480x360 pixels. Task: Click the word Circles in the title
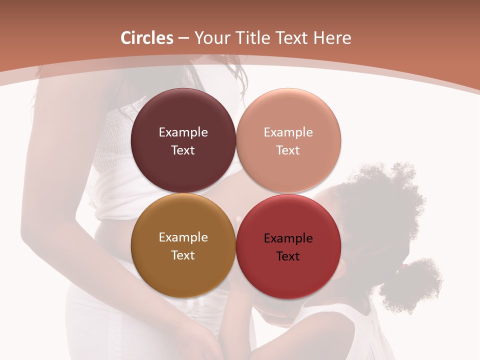pos(147,38)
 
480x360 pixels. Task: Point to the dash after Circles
pos(183,38)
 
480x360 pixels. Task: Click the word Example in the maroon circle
pos(183,132)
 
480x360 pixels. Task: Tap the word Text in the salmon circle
pos(288,150)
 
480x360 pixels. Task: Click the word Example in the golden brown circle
pos(183,237)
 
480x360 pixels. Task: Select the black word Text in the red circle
pos(288,256)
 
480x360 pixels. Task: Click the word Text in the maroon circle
pos(183,150)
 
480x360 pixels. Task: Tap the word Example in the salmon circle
pos(288,132)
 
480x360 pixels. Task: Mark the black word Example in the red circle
pos(288,238)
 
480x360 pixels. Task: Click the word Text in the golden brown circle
pos(183,255)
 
